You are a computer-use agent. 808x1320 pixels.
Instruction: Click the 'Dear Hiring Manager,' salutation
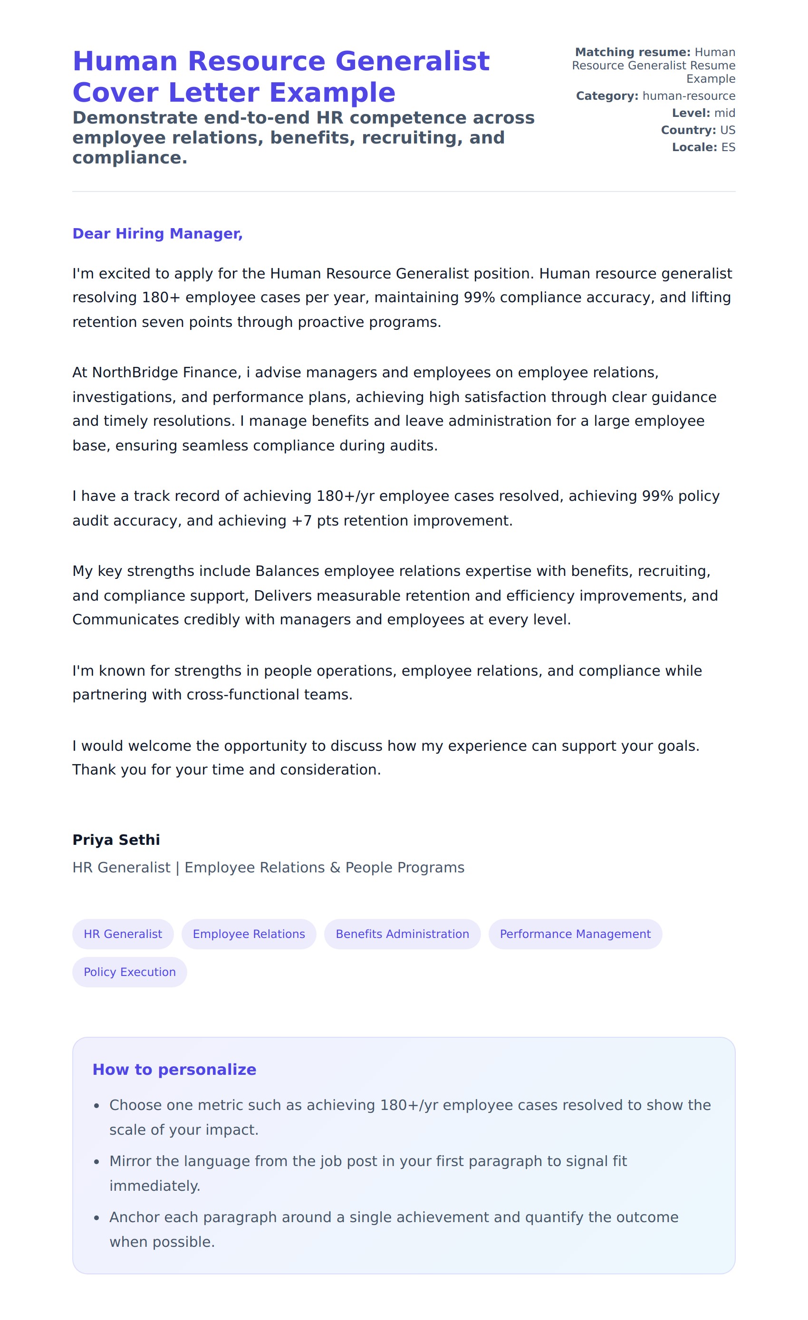pyautogui.click(x=157, y=234)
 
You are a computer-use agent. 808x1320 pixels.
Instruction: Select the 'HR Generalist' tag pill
pyautogui.click(x=123, y=934)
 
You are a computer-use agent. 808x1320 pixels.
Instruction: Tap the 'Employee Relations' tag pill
pyautogui.click(x=249, y=934)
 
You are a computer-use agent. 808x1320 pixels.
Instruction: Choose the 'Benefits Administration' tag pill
pyautogui.click(x=402, y=934)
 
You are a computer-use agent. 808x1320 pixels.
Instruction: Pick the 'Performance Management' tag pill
pyautogui.click(x=575, y=934)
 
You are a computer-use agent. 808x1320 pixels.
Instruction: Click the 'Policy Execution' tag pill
pyautogui.click(x=130, y=972)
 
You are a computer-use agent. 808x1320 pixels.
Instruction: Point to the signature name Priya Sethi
pyautogui.click(x=116, y=840)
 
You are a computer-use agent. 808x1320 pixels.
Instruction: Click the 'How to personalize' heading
pyautogui.click(x=174, y=1069)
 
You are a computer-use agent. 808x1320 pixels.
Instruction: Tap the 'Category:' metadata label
pyautogui.click(x=606, y=96)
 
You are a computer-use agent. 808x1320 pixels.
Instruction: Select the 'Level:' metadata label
pyautogui.click(x=691, y=113)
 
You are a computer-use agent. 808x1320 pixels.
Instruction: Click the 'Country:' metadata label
pyautogui.click(x=688, y=130)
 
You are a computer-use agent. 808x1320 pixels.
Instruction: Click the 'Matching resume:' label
pyautogui.click(x=632, y=52)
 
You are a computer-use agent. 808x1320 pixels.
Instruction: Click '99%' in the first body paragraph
pyautogui.click(x=479, y=297)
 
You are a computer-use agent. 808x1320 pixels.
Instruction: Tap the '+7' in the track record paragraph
pyautogui.click(x=301, y=521)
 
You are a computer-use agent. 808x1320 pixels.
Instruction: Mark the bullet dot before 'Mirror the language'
pyautogui.click(x=96, y=1161)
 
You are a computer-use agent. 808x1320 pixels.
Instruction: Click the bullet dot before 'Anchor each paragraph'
pyautogui.click(x=96, y=1218)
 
